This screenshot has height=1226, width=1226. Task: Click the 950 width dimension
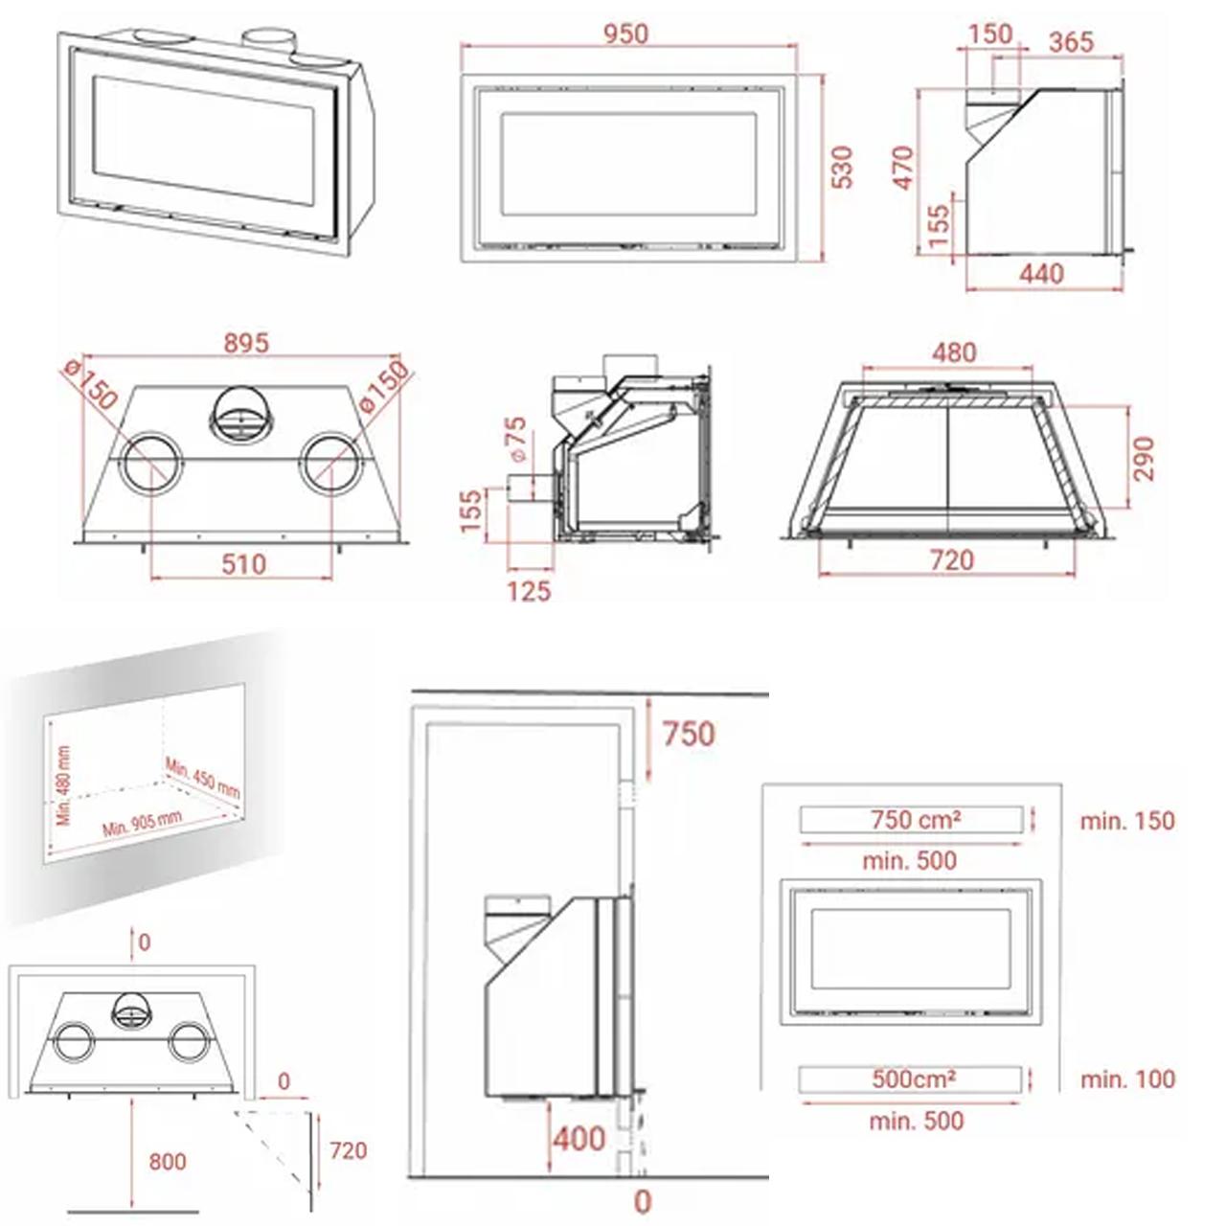626,34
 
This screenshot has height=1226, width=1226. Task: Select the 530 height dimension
843,168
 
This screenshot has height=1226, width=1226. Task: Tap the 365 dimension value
1072,42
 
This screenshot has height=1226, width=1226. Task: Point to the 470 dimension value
903,168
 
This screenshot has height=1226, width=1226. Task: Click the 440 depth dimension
1041,274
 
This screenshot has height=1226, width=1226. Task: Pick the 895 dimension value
247,344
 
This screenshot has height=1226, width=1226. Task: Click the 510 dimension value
243,564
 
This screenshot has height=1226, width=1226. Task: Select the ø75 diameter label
517,439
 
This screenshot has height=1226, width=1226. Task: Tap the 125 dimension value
530,592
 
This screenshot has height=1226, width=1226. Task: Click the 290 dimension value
1144,459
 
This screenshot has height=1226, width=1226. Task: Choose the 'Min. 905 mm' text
142,824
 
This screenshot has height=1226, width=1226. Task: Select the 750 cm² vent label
916,820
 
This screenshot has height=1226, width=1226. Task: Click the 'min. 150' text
1127,821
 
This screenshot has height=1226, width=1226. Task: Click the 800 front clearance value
168,1162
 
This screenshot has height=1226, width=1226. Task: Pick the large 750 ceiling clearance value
689,734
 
